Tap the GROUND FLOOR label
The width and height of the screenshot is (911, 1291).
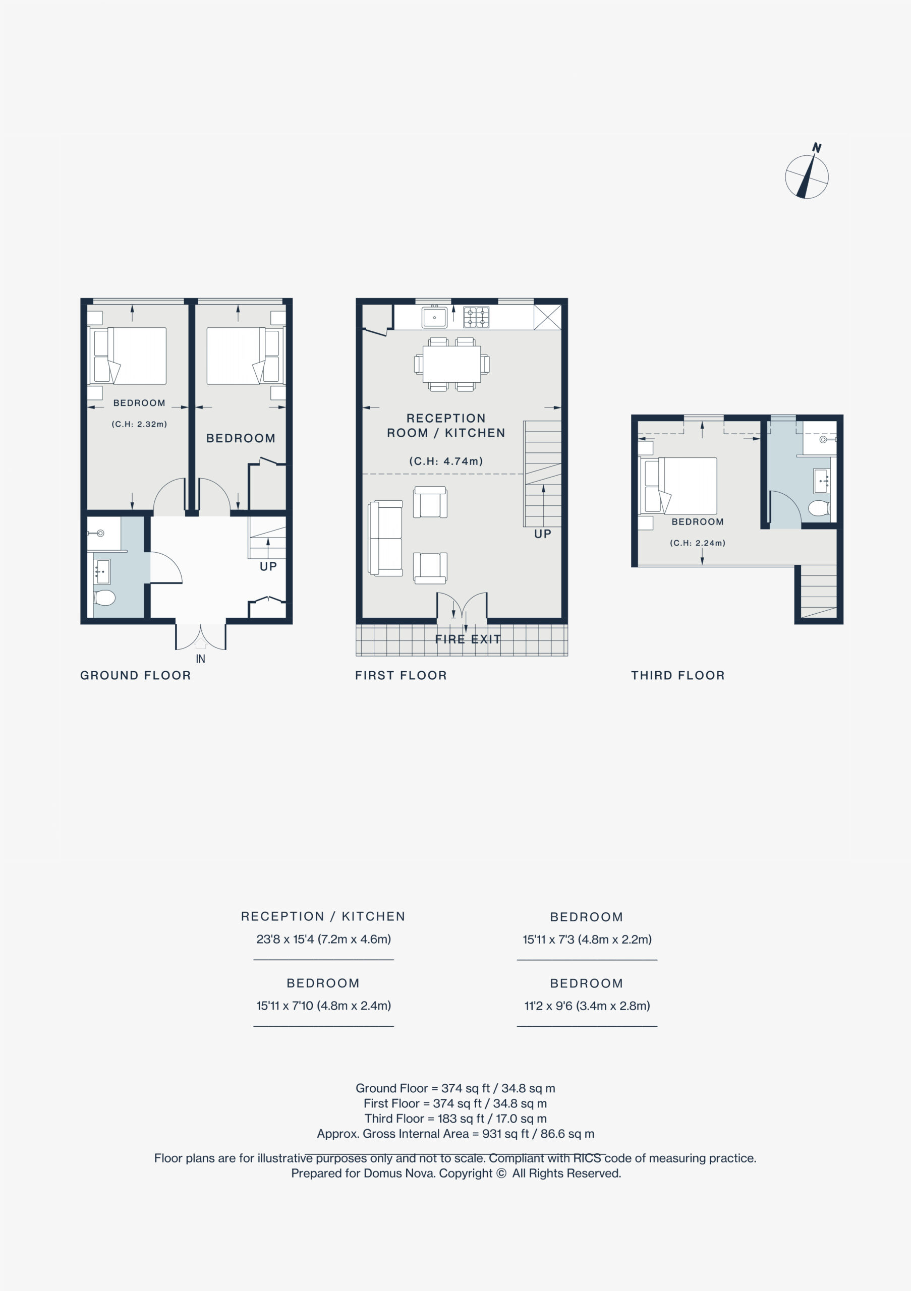coord(136,675)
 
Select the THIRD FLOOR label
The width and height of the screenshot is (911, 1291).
coord(677,675)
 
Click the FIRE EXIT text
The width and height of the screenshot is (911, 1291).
coord(468,639)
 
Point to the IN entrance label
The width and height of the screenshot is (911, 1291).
coord(200,659)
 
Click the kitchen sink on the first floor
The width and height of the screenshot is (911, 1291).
coord(434,317)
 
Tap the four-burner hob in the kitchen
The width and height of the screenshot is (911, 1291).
coord(476,317)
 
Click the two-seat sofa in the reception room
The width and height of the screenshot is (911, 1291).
coord(385,538)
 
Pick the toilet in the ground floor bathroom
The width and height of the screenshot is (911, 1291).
coord(104,597)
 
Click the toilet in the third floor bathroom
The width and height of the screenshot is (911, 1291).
coord(819,508)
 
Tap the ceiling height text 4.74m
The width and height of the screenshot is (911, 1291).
coord(446,461)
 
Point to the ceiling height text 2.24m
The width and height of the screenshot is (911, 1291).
coord(697,543)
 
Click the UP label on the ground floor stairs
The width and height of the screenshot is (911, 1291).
coord(268,566)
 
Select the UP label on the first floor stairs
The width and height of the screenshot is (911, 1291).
coord(543,534)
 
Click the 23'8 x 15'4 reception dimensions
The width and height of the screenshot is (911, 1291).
coord(323,939)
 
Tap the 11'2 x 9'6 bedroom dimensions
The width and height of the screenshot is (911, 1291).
coord(587,1006)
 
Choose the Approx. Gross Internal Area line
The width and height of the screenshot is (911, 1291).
coord(455,1134)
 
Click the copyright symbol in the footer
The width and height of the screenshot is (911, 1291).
coord(501,1173)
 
